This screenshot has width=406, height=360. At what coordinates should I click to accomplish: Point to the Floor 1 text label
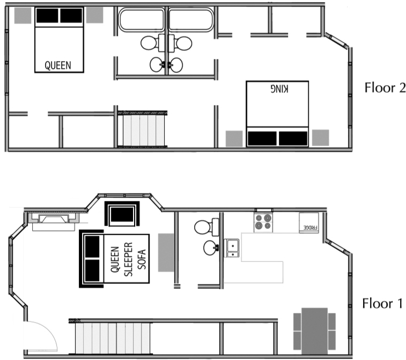[x=382, y=304]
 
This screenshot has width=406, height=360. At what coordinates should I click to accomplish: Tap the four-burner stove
[x=263, y=221]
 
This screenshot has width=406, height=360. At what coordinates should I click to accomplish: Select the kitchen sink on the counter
[x=232, y=248]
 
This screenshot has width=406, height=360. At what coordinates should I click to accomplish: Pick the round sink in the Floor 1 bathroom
[x=211, y=248]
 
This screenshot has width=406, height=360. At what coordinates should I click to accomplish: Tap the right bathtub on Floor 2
[x=191, y=20]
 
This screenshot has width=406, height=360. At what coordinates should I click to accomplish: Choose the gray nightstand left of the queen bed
[x=22, y=16]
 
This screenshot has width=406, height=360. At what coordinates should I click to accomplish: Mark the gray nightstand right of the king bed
[x=320, y=138]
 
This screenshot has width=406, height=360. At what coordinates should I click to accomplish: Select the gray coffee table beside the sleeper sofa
[x=166, y=251]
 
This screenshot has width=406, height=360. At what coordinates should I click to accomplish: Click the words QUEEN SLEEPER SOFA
[x=128, y=259]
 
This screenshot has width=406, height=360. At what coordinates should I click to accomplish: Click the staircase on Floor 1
[x=107, y=337]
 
